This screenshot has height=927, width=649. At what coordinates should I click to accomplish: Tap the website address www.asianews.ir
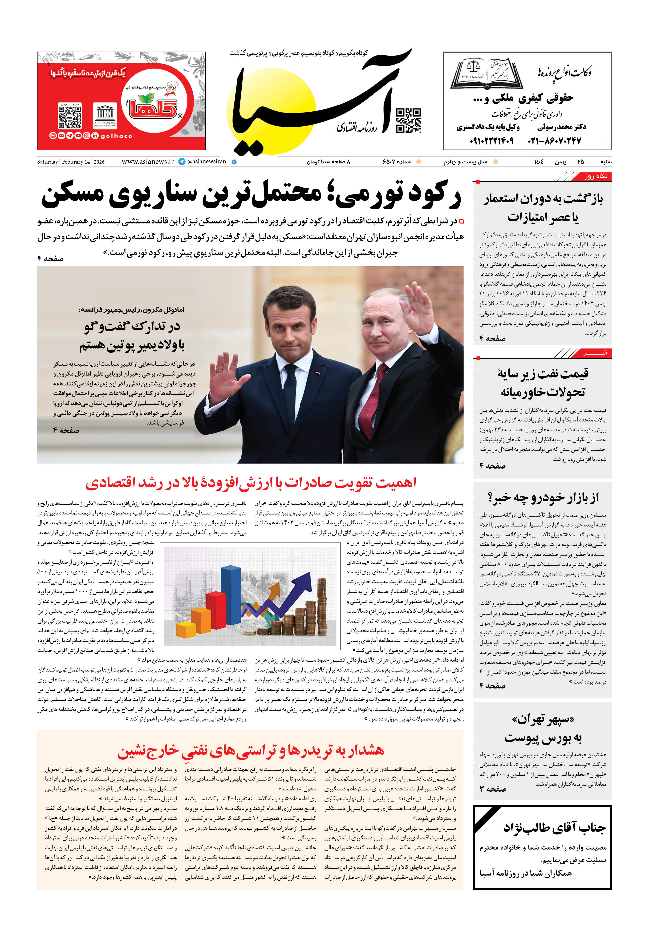(x=147, y=162)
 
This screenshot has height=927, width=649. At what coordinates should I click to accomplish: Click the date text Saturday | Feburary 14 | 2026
(x=71, y=162)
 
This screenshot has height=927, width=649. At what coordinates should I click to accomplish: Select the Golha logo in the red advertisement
(x=153, y=106)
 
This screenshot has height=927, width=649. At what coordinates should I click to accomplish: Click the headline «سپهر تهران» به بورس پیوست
(x=542, y=729)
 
